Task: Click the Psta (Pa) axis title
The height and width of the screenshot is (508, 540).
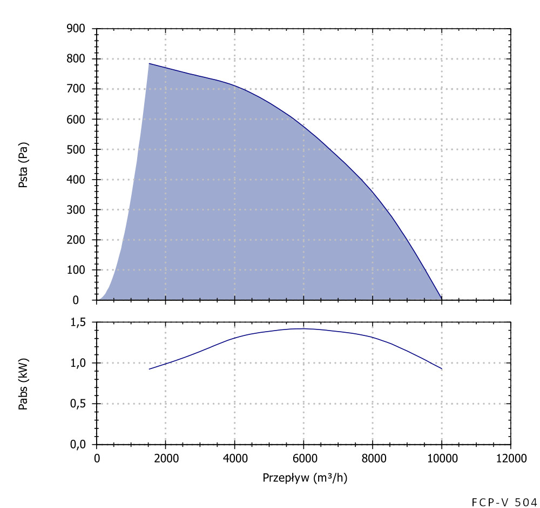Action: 23,165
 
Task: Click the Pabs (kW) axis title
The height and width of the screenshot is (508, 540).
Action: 23,384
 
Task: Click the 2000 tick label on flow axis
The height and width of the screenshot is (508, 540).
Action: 165,459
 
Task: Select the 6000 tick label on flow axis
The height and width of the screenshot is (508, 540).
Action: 303,459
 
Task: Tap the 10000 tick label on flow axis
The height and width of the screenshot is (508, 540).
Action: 442,459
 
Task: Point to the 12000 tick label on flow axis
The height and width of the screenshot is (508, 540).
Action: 510,459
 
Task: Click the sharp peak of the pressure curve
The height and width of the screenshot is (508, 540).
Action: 149,63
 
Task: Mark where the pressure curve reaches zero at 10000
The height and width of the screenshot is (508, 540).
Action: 442,299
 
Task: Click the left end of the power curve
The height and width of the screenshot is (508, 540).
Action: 150,369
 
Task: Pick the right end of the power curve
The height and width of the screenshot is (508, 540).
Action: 442,369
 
